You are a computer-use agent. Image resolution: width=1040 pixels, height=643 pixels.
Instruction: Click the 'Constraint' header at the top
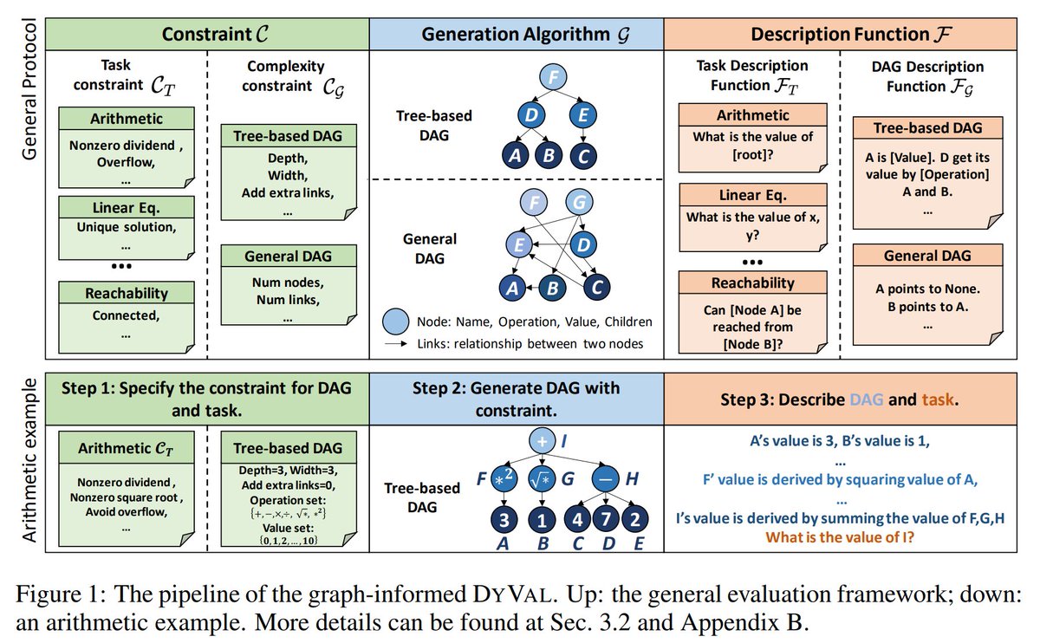pyautogui.click(x=215, y=34)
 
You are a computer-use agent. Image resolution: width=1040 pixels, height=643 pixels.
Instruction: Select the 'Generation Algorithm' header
pyautogui.click(x=525, y=35)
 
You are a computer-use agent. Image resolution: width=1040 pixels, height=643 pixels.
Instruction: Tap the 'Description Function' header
pyautogui.click(x=850, y=34)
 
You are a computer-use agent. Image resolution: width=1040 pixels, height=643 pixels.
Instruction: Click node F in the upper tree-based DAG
pyautogui.click(x=553, y=76)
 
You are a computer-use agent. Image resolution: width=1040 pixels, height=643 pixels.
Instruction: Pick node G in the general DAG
pyautogui.click(x=579, y=202)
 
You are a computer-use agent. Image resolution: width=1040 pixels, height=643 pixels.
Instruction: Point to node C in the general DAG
pyautogui.click(x=596, y=288)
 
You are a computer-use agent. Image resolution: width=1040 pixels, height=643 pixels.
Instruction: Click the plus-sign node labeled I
pyautogui.click(x=543, y=440)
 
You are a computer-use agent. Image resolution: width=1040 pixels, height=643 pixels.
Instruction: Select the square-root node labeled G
pyautogui.click(x=542, y=478)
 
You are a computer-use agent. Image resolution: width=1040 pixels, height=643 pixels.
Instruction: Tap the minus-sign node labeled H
pyautogui.click(x=605, y=478)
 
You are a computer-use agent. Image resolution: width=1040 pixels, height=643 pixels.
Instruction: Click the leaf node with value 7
pyautogui.click(x=606, y=518)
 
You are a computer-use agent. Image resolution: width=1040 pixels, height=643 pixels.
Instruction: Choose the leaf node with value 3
pyautogui.click(x=504, y=519)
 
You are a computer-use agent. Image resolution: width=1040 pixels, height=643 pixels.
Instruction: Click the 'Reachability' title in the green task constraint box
pyautogui.click(x=127, y=293)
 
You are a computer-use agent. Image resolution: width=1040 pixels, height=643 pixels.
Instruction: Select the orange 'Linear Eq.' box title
pyautogui.click(x=752, y=195)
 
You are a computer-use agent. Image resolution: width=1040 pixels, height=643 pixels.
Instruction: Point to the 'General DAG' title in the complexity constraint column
pyautogui.click(x=289, y=256)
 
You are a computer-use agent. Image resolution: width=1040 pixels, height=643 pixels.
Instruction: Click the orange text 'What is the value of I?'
pyautogui.click(x=840, y=537)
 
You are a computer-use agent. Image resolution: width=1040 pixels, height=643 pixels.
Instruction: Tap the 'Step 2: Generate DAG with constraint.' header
pyautogui.click(x=517, y=399)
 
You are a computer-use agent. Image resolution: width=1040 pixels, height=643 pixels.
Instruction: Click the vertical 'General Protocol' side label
pyautogui.click(x=29, y=89)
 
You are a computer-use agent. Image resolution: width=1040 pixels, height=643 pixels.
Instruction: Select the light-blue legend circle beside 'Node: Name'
pyautogui.click(x=395, y=321)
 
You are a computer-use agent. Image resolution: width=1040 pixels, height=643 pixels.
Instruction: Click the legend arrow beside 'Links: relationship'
pyautogui.click(x=396, y=343)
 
